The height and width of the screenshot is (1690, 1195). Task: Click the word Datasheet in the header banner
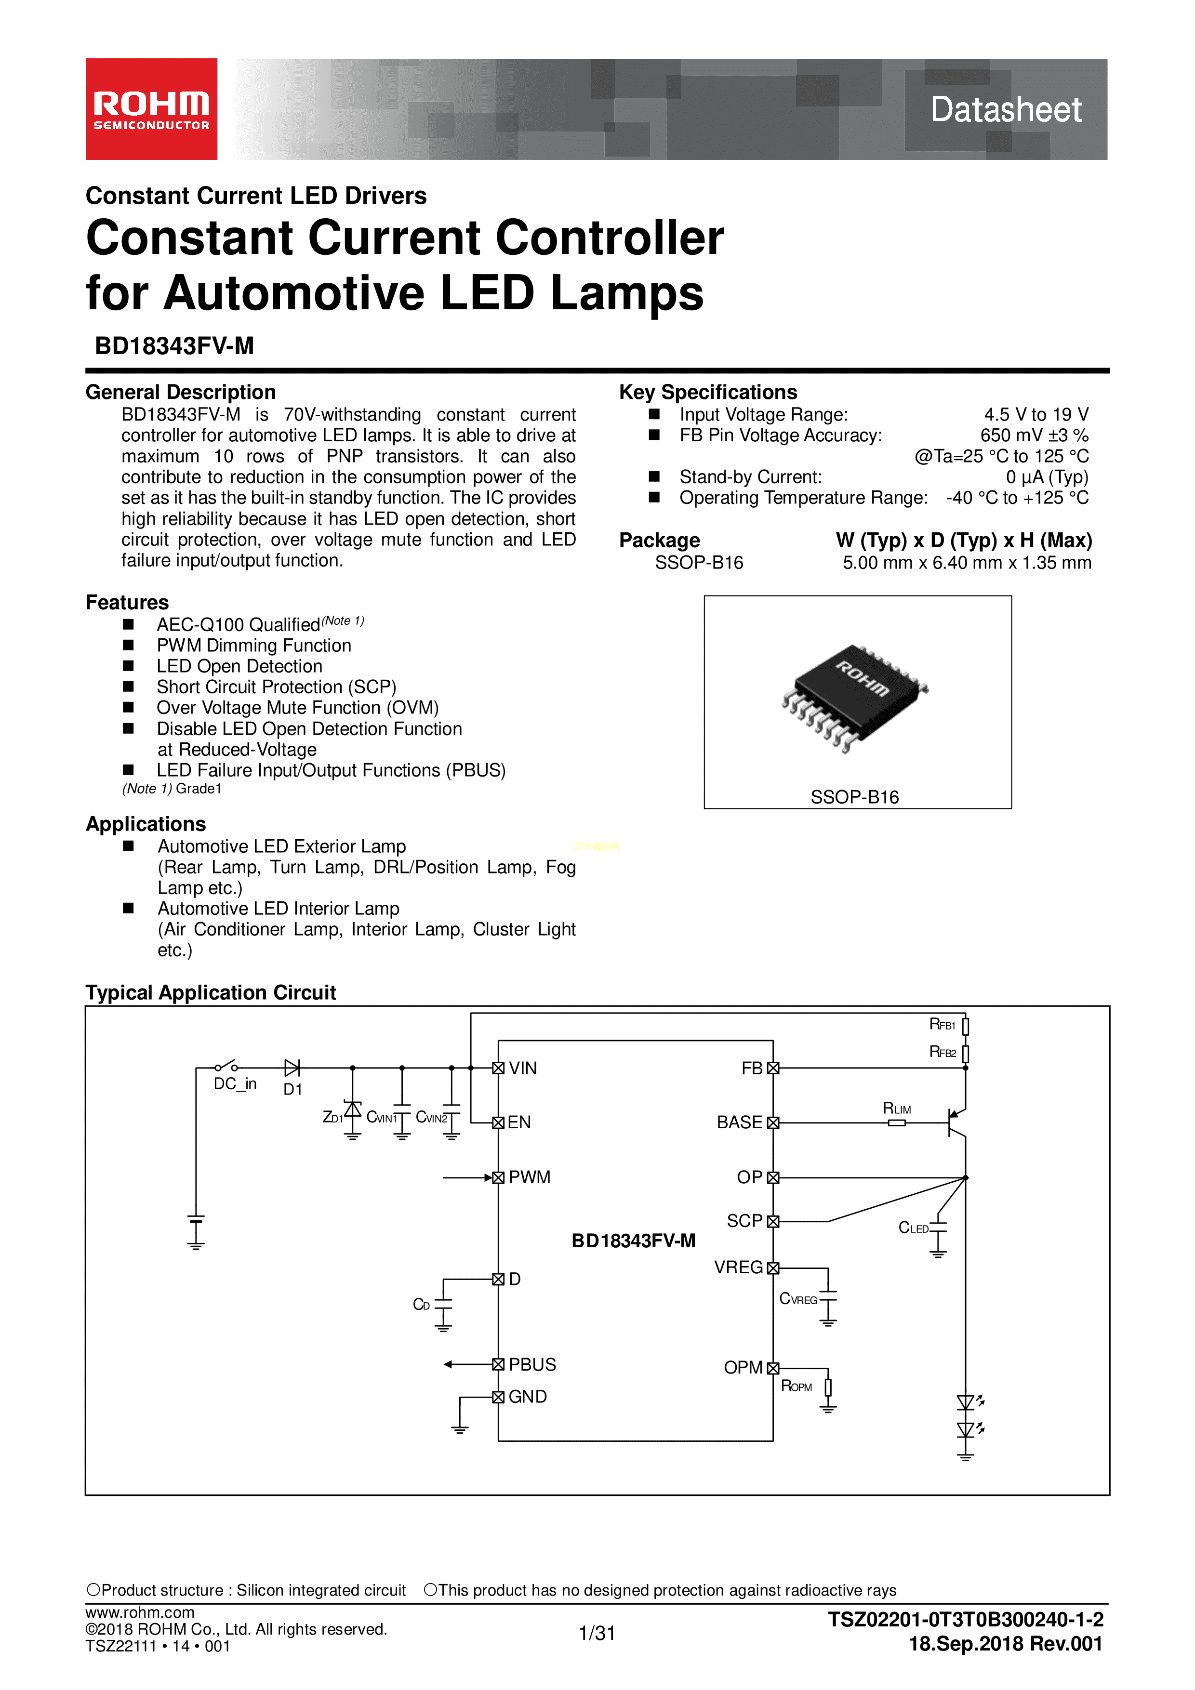tap(1005, 110)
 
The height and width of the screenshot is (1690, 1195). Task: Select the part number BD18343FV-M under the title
tap(174, 345)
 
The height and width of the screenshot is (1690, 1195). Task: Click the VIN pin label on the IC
tap(523, 1068)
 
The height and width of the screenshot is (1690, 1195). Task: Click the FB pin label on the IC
tap(752, 1068)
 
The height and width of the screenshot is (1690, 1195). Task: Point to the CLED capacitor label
tap(913, 1227)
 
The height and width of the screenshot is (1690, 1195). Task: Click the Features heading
tap(127, 602)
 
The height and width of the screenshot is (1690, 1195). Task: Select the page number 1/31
tap(597, 1633)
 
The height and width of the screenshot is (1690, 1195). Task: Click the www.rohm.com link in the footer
tap(140, 1612)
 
